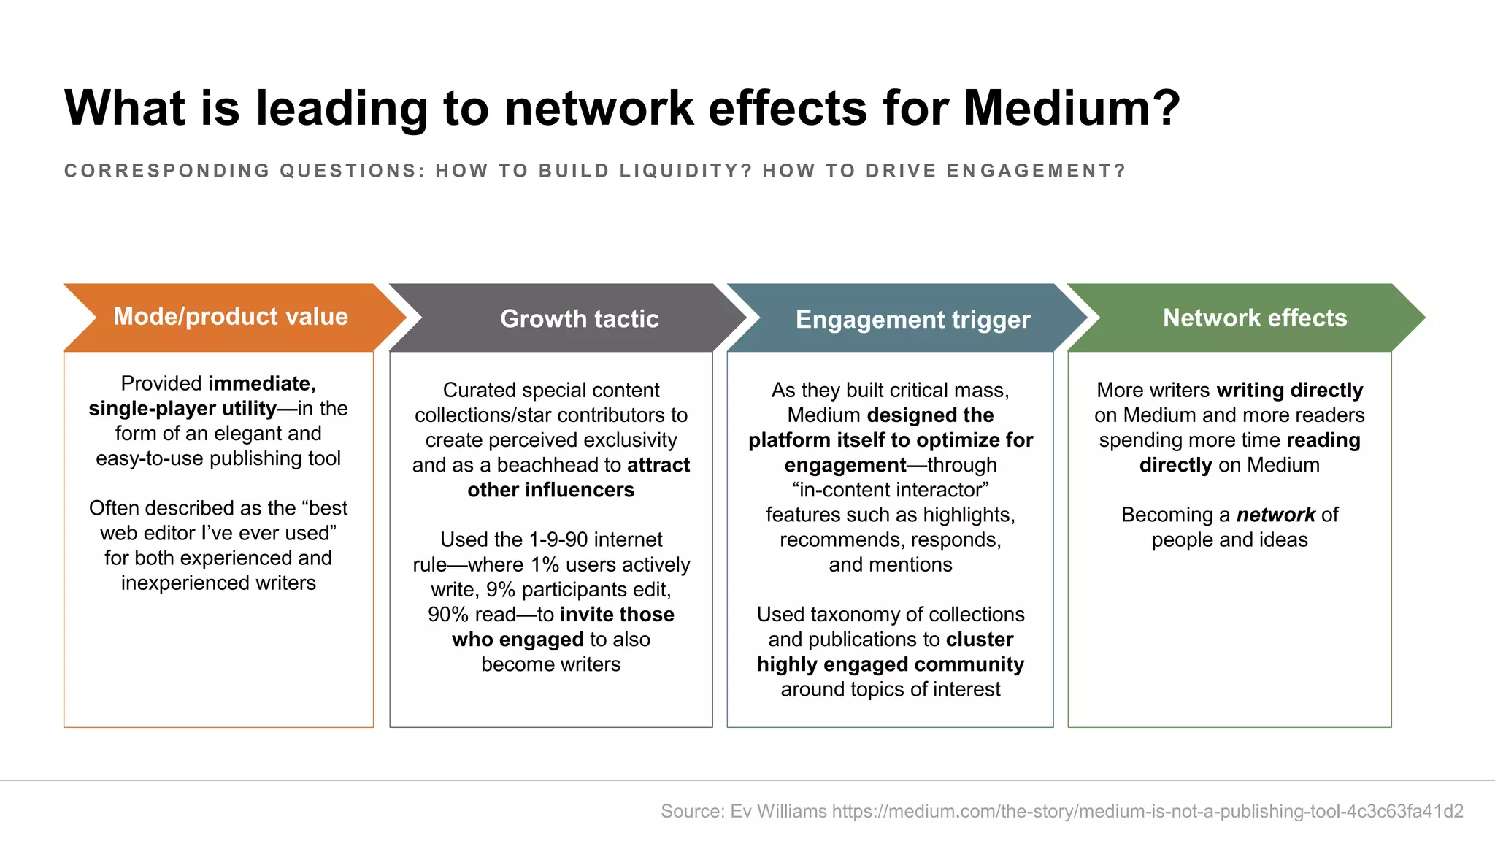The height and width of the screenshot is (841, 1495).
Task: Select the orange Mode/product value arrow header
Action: coord(231,317)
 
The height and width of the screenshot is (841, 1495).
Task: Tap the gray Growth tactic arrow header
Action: coord(580,319)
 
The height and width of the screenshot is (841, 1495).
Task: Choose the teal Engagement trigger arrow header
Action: coord(912,320)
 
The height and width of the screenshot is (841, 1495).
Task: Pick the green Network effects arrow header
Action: coord(1254,318)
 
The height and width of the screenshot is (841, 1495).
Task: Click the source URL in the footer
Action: coord(1148,811)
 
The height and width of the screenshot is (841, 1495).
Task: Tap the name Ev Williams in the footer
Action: coord(779,811)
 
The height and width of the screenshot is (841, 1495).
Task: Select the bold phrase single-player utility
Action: coord(182,409)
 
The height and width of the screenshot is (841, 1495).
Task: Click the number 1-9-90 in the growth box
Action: coord(558,540)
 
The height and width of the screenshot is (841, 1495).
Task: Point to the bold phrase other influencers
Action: coord(551,490)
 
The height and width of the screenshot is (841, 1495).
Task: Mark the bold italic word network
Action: coord(1275,515)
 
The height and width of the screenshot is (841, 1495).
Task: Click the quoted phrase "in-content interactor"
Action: coord(891,490)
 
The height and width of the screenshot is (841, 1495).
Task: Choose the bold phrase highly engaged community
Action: coord(891,665)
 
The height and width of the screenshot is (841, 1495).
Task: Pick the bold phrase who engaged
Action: coord(518,640)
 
